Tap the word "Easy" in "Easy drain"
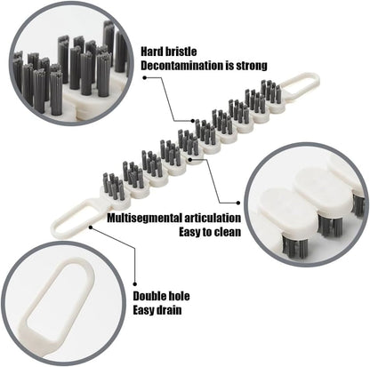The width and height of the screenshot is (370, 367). click(x=146, y=311)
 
